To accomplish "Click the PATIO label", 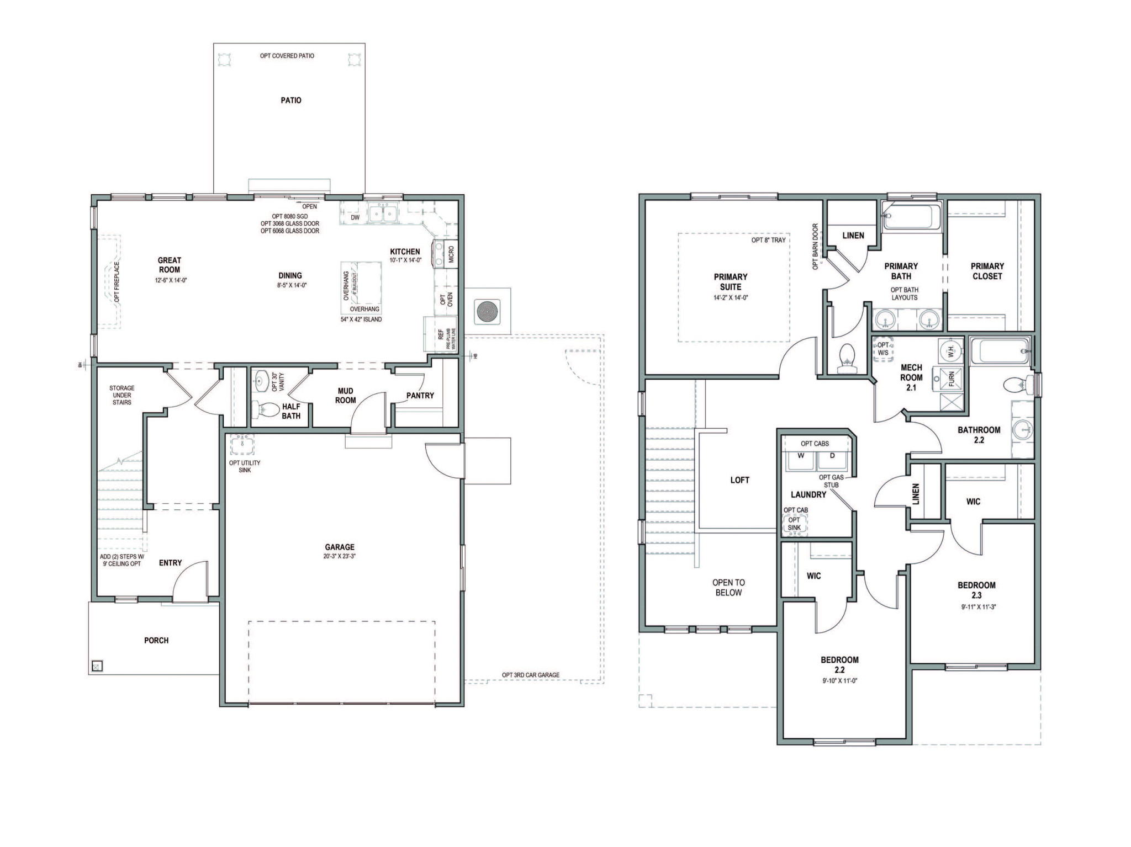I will (x=291, y=100).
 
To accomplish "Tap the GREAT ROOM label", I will (x=170, y=265).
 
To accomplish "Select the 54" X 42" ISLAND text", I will (x=361, y=319).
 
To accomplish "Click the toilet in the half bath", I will (x=266, y=409).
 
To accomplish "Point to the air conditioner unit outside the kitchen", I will (x=488, y=312).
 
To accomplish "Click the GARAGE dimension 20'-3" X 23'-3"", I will (x=339, y=556).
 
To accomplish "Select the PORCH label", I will (x=156, y=640).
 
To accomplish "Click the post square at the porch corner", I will (x=97, y=666).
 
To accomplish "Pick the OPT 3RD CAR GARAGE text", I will (x=530, y=675).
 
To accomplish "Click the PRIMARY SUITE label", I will (x=730, y=281).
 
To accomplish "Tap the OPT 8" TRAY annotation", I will (x=768, y=240).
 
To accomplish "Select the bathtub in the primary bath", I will (x=912, y=216).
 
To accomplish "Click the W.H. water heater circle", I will (x=950, y=350).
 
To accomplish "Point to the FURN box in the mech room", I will (x=950, y=379).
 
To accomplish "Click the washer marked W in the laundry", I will (x=800, y=458).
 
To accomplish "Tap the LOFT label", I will (x=739, y=480).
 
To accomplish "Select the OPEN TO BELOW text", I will (x=728, y=587).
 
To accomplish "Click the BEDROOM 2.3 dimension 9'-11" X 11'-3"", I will (x=977, y=606).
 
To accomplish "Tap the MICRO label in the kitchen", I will (x=451, y=254).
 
